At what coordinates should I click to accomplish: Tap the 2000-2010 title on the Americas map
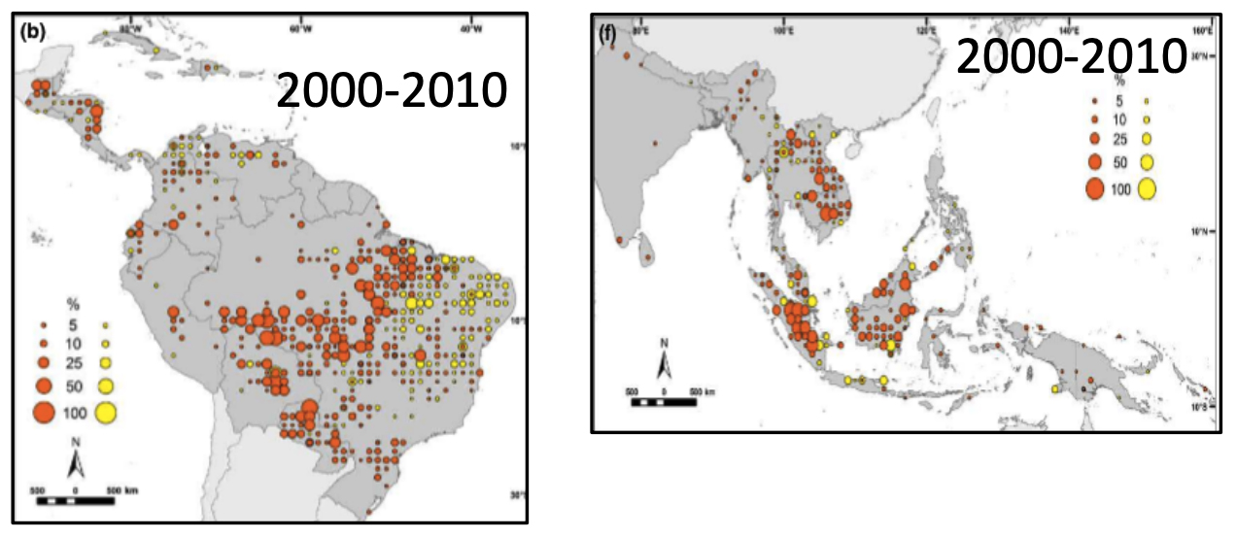[392, 93]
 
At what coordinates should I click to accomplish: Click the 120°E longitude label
[925, 29]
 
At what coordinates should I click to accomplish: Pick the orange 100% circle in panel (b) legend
[44, 413]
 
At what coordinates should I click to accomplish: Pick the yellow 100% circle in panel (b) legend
[104, 413]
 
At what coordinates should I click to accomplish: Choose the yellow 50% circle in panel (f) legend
[1147, 161]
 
